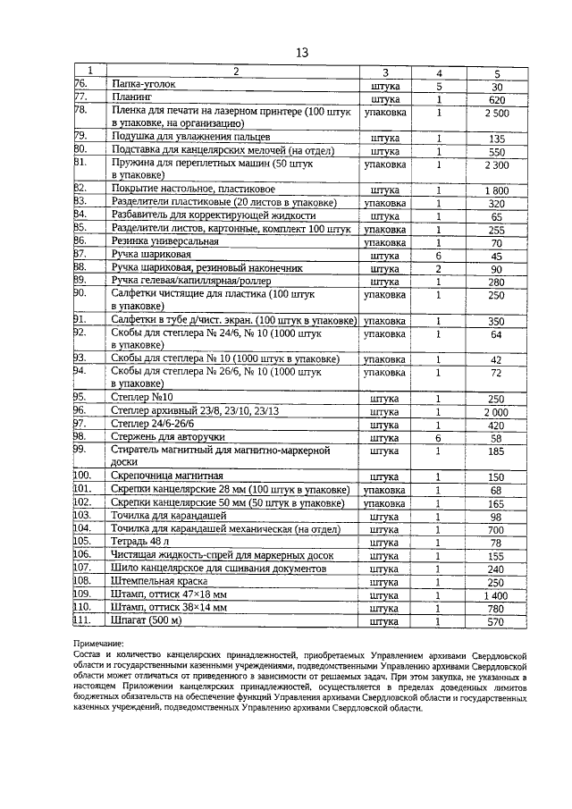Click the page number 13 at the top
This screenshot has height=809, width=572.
(x=301, y=53)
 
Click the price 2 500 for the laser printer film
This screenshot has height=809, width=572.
(x=497, y=114)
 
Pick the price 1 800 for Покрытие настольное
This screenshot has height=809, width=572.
(x=497, y=190)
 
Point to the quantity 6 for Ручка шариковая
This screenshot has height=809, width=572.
(x=439, y=255)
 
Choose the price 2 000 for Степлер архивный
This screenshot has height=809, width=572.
(x=497, y=412)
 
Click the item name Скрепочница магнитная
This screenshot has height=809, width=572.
(x=167, y=476)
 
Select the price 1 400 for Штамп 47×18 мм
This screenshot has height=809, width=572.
(x=497, y=594)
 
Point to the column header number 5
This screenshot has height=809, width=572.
(x=497, y=72)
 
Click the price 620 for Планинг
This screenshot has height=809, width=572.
(x=497, y=100)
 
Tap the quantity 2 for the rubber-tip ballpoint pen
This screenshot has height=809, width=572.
(x=439, y=268)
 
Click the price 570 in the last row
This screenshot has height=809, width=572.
(x=497, y=621)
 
